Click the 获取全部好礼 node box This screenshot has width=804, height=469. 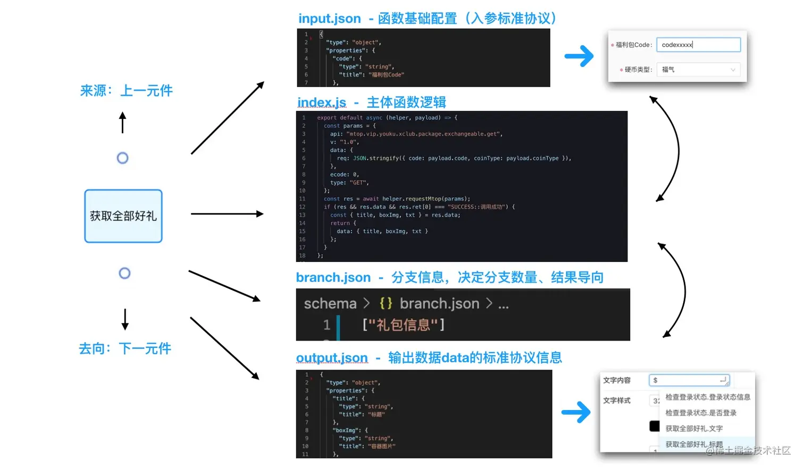coord(123,216)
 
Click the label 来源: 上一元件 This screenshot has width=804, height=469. coord(126,91)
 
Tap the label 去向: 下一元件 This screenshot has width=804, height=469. coord(125,349)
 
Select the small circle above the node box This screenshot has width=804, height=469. coord(123,158)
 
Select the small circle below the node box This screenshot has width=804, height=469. coord(124,274)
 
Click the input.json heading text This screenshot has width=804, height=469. coord(329,19)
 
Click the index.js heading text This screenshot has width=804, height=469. coord(322,103)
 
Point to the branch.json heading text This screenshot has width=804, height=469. coord(333,278)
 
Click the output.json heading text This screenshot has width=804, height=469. coord(332,358)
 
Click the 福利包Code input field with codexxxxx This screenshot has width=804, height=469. coord(698,45)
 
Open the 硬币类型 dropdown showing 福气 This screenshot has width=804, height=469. coord(698,70)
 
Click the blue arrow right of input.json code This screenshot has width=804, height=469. coord(579,56)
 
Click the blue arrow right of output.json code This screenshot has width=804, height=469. coord(576,412)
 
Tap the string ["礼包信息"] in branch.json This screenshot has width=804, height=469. coord(403,325)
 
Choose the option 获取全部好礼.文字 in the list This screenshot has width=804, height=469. coord(694,429)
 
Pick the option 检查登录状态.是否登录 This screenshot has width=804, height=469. coord(701,413)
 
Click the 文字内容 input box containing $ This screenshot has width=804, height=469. coord(689,380)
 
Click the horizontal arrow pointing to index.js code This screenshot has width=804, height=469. coord(227,214)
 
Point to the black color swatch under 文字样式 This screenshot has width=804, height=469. coord(654,426)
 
